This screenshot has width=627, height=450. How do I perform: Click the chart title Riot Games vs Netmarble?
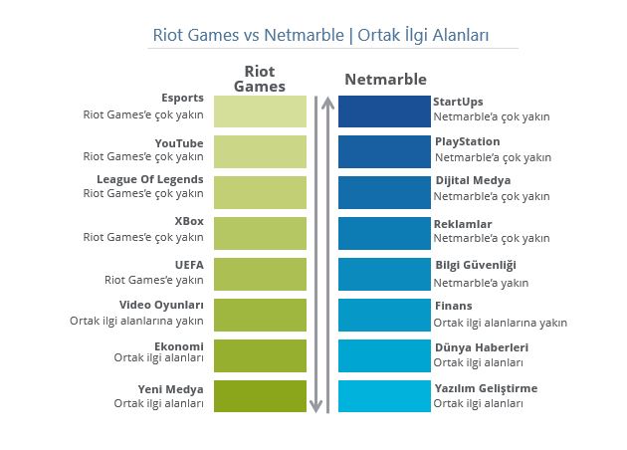249,35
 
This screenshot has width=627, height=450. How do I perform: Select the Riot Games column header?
260,79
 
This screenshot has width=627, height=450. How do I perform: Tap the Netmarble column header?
385,80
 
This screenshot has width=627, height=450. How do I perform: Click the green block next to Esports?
260,112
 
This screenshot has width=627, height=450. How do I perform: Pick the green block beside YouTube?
260,151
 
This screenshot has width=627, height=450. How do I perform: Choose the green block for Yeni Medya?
260,396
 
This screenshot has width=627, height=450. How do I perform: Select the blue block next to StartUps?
384,112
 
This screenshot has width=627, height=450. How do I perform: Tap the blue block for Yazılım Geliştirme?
384,396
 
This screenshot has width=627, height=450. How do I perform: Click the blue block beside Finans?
384,315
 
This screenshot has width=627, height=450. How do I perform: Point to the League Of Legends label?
150,179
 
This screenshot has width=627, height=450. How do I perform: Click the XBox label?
189,221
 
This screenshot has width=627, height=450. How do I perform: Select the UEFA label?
189,265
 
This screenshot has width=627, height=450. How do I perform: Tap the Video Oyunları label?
161,305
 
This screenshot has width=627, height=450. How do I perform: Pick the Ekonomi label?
179,346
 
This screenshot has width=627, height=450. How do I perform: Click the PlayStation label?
468,141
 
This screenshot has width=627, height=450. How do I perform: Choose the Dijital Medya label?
473,181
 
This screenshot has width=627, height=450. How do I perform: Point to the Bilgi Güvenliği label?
476,265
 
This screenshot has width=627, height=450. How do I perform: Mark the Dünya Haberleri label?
482,347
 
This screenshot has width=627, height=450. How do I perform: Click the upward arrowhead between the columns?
327,103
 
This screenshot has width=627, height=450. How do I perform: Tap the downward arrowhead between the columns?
315,406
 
